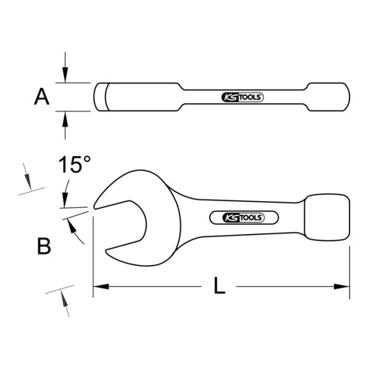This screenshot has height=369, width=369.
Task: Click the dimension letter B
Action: pyautogui.click(x=44, y=245)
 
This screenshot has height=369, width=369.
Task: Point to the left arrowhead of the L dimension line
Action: pyautogui.click(x=98, y=286)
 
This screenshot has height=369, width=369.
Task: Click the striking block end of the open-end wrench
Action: pyautogui.click(x=327, y=216)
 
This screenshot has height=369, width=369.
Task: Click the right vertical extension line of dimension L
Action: pyautogui.click(x=350, y=264)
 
